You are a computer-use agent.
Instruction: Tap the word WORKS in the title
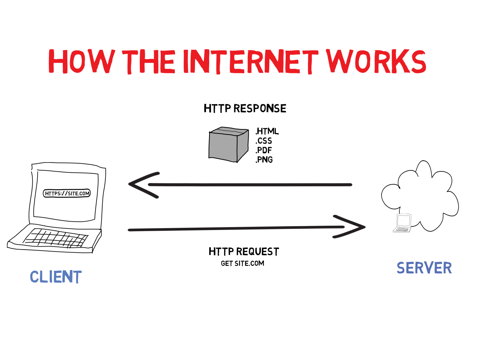tap(376, 61)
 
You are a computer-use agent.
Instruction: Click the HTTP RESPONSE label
tap(245, 108)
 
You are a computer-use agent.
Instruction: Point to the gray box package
tap(228, 145)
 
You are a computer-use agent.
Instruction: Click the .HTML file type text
tap(267, 131)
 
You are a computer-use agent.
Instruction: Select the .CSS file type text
tap(264, 141)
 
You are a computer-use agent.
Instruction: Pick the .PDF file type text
tap(264, 150)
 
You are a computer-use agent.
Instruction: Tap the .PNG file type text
tap(264, 160)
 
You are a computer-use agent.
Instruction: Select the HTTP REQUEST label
tap(244, 252)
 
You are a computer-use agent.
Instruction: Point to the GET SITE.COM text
tap(242, 263)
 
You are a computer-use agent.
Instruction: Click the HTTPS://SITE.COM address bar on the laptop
tap(67, 194)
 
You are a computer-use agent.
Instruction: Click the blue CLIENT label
tap(56, 277)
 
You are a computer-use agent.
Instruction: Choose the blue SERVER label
tap(424, 268)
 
